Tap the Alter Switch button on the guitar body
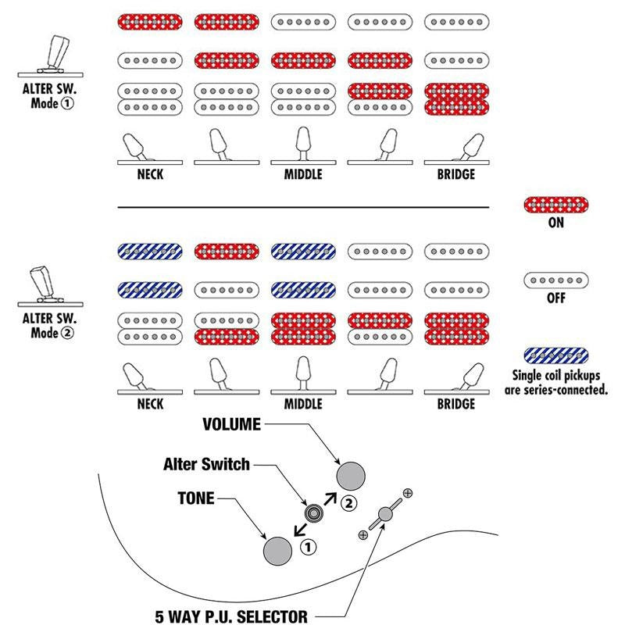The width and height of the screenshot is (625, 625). (314, 513)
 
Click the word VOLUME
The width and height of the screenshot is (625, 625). (230, 425)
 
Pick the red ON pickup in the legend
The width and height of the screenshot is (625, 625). (555, 205)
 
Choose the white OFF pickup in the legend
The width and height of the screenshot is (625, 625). (555, 280)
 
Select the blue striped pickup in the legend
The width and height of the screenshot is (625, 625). (555, 355)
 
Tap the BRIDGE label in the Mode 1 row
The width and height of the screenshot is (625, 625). (456, 175)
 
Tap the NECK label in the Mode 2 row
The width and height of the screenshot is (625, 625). (150, 404)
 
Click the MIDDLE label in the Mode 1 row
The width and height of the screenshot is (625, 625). (302, 175)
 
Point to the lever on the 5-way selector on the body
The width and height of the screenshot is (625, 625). (385, 513)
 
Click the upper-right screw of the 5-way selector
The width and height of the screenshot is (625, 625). (408, 493)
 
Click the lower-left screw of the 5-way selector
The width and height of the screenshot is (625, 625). (363, 534)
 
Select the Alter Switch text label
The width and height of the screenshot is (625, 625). (206, 464)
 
